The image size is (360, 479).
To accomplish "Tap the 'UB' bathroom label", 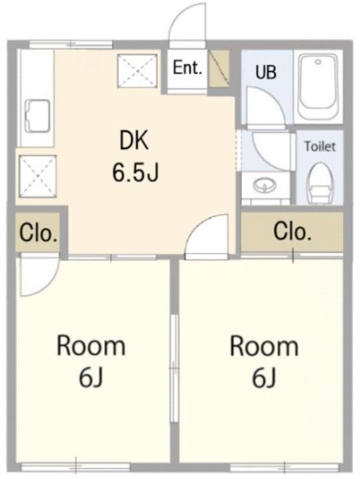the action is [x=266, y=72].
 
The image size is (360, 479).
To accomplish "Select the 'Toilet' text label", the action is [x=319, y=146].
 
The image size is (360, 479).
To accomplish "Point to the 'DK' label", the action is [x=134, y=140].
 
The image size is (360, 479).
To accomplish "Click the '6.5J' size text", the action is [x=135, y=172].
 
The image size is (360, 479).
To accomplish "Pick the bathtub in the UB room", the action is [x=318, y=86].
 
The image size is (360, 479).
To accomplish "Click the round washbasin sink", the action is [x=265, y=186].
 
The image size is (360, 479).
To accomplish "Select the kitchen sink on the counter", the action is [x=37, y=116].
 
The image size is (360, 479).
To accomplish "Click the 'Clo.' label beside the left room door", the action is [x=39, y=234].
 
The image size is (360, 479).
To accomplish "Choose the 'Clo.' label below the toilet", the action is [x=293, y=232].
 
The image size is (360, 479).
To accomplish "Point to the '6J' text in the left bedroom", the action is [x=90, y=377].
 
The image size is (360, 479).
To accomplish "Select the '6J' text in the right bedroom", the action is [x=264, y=377].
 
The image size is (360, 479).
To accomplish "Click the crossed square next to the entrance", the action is [x=138, y=71].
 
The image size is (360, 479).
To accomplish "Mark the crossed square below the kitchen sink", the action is [x=37, y=176].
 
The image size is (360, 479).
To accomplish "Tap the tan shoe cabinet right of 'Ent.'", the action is [x=219, y=69].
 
